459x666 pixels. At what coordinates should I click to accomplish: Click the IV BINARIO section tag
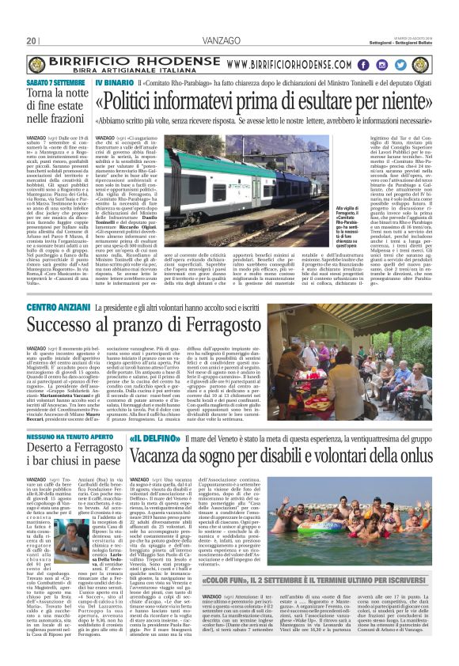point(113,81)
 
